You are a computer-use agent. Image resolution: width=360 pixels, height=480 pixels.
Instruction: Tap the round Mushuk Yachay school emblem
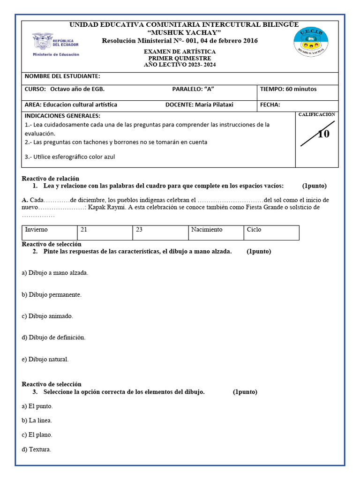point(310,42)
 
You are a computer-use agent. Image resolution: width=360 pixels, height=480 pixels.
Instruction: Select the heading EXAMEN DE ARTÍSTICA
point(180,52)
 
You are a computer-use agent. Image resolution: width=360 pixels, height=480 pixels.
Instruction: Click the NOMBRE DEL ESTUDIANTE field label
point(62,76)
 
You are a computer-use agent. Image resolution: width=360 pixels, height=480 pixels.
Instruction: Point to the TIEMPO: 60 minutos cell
point(288,89)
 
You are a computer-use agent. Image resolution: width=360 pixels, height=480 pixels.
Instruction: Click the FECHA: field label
point(270,105)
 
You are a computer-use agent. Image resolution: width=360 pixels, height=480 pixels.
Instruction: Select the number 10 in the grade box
point(323,134)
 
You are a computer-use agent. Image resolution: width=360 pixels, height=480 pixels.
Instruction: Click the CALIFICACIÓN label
point(317,114)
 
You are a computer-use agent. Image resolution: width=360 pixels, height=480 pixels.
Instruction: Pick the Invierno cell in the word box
point(36,230)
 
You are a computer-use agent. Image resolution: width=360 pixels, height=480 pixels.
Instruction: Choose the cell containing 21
point(84,230)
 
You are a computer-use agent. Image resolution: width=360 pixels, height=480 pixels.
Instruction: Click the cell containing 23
point(139,230)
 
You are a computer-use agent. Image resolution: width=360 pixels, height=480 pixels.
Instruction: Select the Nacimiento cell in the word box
point(207,230)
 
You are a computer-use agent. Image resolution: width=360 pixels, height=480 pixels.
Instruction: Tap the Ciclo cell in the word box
point(254,230)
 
